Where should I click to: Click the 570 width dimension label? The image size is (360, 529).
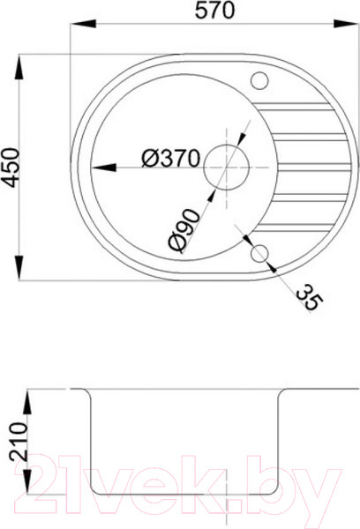click(213, 12)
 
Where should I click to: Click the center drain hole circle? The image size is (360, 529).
click(227, 165)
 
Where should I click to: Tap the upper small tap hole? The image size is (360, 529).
click(260, 81)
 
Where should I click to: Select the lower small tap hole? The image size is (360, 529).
click(259, 254)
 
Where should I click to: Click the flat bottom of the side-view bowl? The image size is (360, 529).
click(185, 496)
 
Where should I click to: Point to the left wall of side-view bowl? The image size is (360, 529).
click(89, 441)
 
